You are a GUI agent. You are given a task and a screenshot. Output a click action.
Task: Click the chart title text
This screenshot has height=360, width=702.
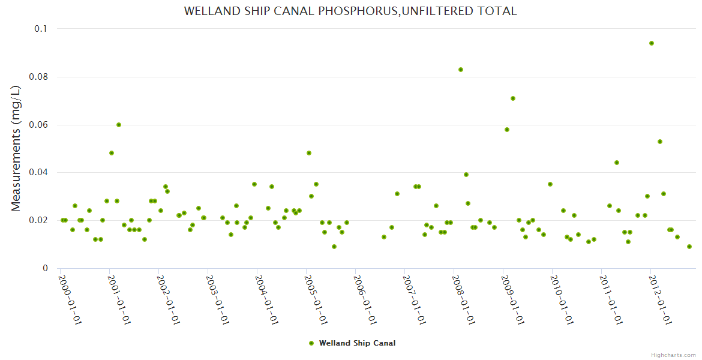coord(350,11)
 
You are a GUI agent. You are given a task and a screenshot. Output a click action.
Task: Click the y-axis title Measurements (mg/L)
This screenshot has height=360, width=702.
coord(16,148)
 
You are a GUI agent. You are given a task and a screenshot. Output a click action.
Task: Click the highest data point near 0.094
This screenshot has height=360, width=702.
coord(652,43)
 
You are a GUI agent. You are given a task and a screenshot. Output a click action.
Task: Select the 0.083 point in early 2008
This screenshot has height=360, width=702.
coord(461,70)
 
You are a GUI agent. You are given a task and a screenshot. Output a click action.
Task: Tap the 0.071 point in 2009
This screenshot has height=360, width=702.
coord(513,98)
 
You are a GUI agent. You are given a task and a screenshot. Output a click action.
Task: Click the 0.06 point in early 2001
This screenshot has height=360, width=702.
coord(119,125)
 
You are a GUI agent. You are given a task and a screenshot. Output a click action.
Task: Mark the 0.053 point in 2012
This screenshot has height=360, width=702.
coord(660,142)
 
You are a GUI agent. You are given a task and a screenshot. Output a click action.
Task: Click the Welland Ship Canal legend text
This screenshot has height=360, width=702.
coord(357,343)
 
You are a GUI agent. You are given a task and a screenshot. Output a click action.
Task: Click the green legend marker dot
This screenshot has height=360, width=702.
coord(311,343)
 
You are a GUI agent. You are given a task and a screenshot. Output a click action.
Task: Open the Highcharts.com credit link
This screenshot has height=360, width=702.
coord(673,355)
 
